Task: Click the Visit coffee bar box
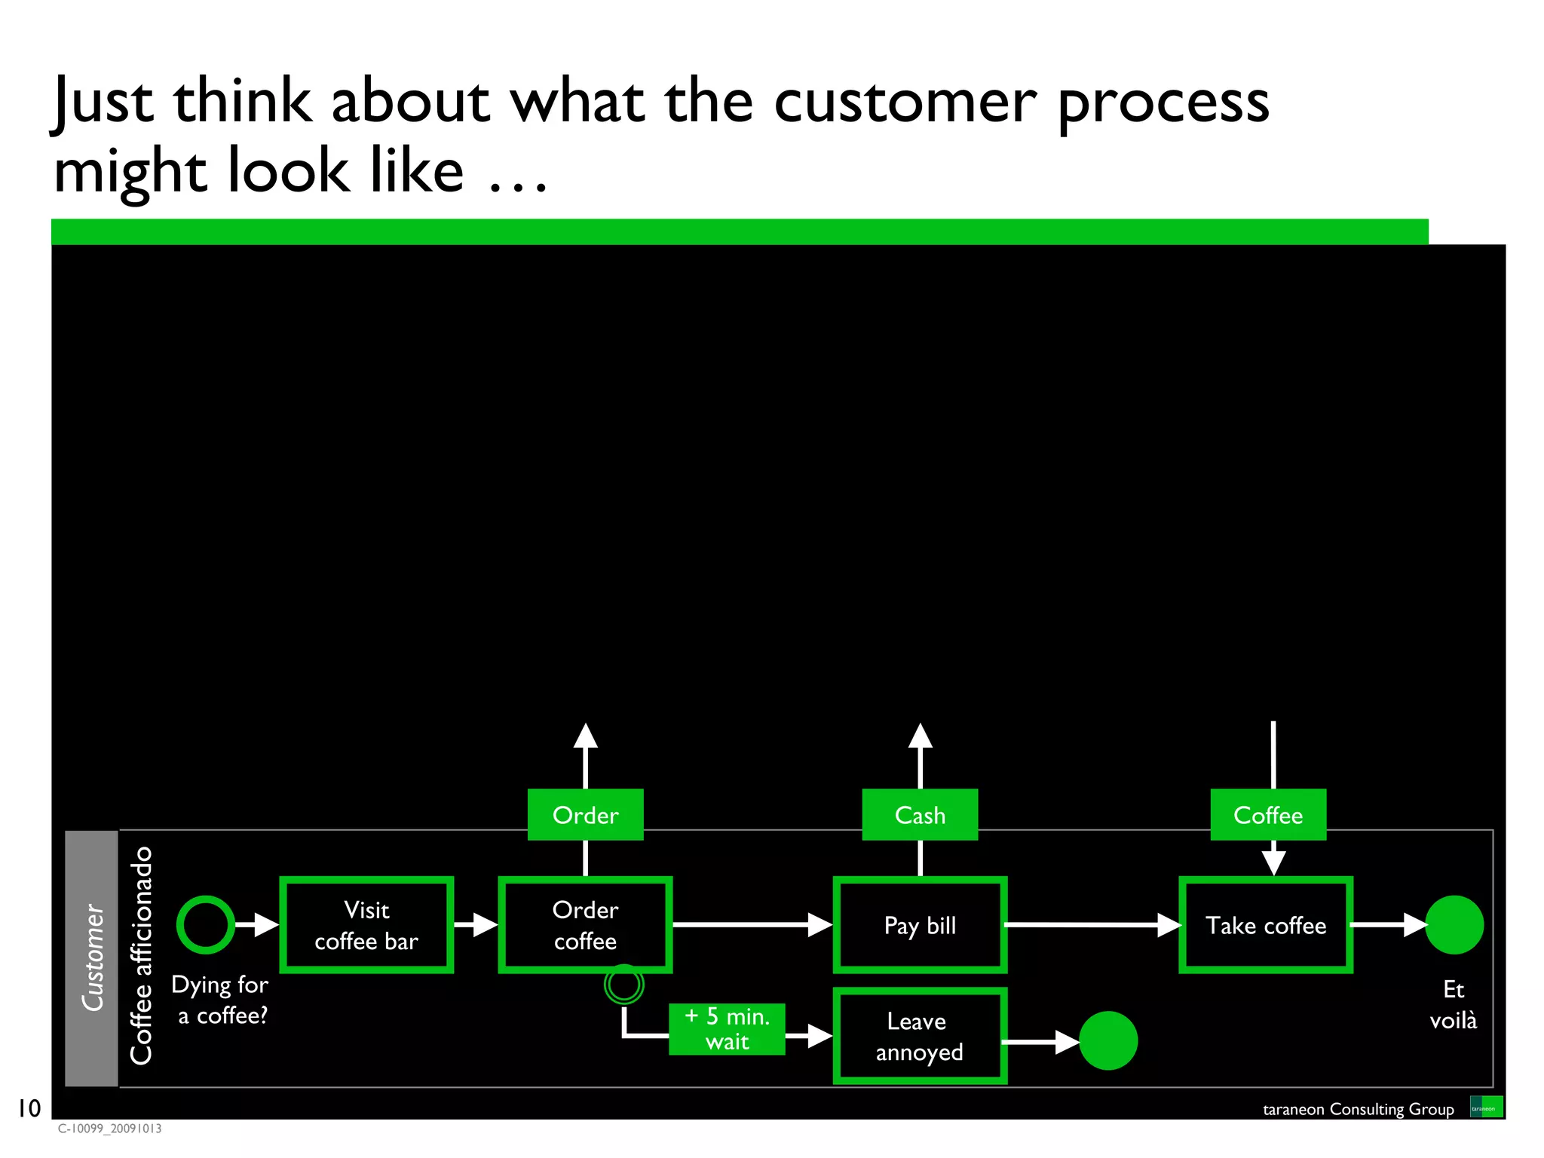pos(366,924)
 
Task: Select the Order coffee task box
pos(585,924)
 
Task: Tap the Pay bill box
pos(920,924)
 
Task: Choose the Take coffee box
pos(1266,924)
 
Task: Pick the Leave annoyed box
pos(920,1036)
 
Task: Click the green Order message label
pos(585,815)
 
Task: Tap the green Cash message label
pos(920,815)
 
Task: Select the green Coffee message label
pos(1268,815)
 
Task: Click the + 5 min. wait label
pos(727,1029)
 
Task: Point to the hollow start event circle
pos(206,924)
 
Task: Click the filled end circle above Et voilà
pos(1454,924)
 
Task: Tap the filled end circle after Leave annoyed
pos(1108,1040)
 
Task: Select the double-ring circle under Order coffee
pos(624,985)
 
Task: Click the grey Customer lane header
pos(92,957)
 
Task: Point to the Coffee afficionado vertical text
pos(141,956)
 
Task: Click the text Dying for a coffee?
pos(221,1000)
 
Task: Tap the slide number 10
pos(29,1108)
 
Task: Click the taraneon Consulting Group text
pos(1358,1109)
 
